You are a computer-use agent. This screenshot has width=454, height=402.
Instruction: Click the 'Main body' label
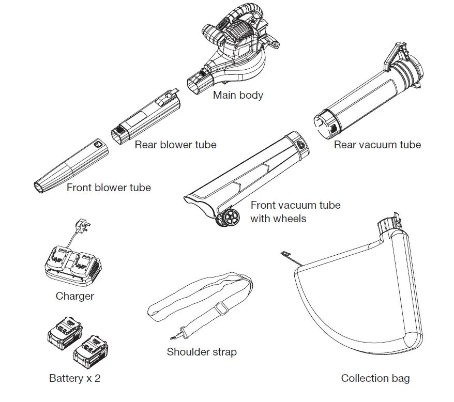pyautogui.click(x=238, y=95)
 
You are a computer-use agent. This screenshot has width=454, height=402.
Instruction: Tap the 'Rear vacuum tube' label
pyautogui.click(x=377, y=145)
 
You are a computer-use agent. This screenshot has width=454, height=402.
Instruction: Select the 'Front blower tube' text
pyautogui.click(x=109, y=187)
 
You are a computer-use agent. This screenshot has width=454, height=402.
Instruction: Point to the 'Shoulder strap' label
pyautogui.click(x=202, y=352)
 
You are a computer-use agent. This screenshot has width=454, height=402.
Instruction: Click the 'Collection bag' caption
pyautogui.click(x=375, y=378)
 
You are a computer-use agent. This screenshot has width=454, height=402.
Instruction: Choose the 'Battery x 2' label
pyautogui.click(x=74, y=378)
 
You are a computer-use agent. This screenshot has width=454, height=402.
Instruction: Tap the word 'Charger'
pyautogui.click(x=75, y=296)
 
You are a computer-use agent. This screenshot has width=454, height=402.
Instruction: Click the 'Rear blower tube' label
pyautogui.click(x=175, y=145)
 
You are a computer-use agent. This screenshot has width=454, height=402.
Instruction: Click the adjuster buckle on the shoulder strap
pyautogui.click(x=222, y=308)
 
